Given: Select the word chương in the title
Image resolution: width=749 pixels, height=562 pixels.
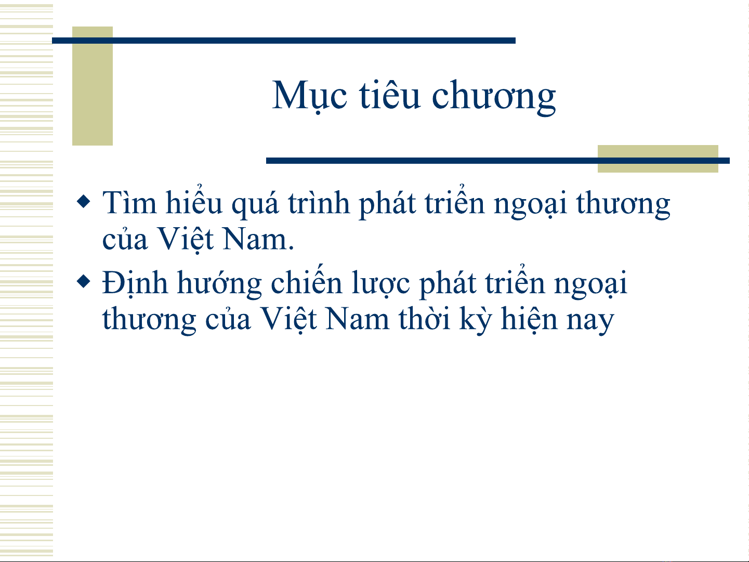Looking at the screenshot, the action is point(494,97).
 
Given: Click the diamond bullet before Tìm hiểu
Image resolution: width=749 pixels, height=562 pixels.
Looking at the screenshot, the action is point(84,201).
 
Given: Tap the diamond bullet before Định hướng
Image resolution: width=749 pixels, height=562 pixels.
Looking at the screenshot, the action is point(84,281).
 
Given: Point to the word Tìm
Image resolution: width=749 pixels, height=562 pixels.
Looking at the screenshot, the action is point(129,203).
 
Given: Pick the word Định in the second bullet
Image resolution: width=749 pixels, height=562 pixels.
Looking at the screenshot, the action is point(135,283).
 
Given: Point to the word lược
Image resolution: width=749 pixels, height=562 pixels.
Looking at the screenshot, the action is point(380,284).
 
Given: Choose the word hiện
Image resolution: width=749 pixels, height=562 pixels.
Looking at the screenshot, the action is point(529,319).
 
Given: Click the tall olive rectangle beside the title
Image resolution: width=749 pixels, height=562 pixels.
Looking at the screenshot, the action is point(93,86).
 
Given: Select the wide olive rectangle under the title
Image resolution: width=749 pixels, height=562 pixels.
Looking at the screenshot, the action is point(658,159).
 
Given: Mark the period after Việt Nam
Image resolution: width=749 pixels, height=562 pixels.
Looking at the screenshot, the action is point(291,249).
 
